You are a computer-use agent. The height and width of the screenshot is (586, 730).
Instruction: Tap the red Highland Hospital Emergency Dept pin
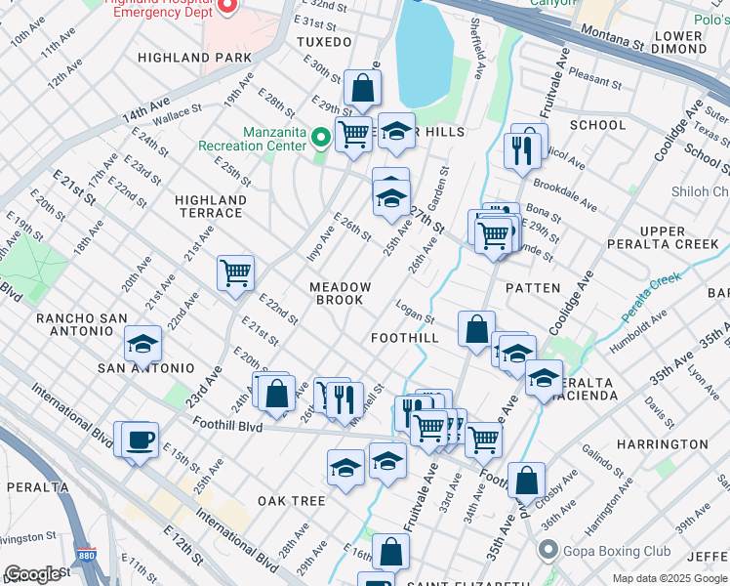pyautogui.click(x=226, y=5)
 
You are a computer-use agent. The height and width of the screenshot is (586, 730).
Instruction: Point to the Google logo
pyautogui.click(x=31, y=574)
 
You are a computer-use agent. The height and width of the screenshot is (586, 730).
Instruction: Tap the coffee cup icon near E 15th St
pyautogui.click(x=141, y=440)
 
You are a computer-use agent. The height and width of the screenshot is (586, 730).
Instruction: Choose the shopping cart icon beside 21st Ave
pyautogui.click(x=235, y=272)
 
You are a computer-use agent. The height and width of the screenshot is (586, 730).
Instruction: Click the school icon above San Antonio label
pyautogui.click(x=142, y=344)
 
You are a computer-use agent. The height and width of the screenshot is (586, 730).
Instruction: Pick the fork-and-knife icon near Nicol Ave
pyautogui.click(x=522, y=149)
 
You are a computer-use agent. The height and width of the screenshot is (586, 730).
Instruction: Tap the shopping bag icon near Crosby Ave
pyautogui.click(x=526, y=480)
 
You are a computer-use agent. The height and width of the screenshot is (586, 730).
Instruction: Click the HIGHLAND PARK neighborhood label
pyautogui.click(x=187, y=58)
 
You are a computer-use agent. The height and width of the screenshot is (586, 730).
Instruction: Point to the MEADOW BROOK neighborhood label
pyautogui.click(x=341, y=293)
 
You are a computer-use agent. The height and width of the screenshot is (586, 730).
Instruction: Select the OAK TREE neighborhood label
pyautogui.click(x=291, y=501)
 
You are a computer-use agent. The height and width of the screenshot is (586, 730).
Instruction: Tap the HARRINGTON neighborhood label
pyautogui.click(x=663, y=444)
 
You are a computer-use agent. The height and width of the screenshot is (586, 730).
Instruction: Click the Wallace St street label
pyautogui.click(x=177, y=114)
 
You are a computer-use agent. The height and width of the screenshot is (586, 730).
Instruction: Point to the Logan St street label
pyautogui.click(x=415, y=312)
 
